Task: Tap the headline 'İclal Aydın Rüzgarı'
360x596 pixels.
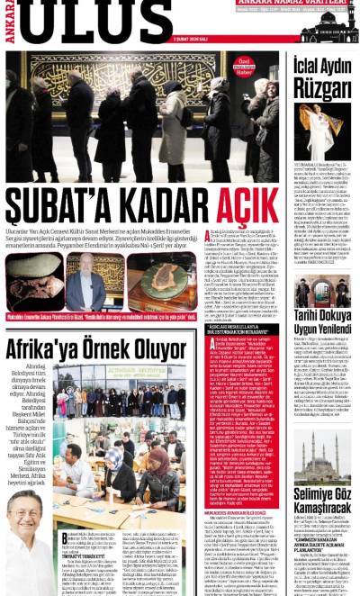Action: coord(321,76)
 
